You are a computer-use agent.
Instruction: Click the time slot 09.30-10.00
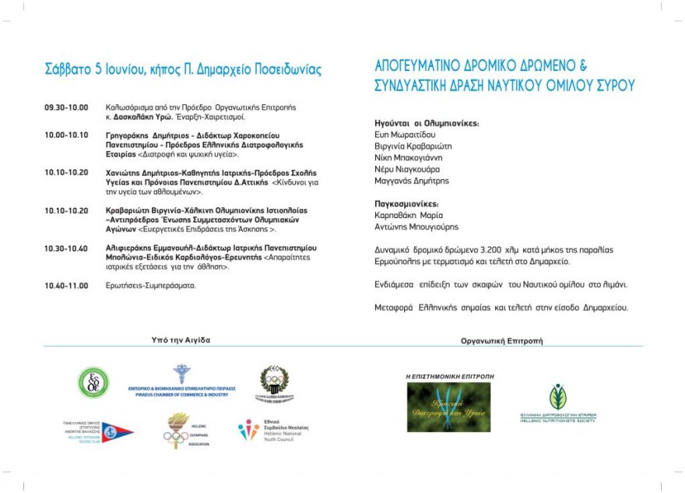66,107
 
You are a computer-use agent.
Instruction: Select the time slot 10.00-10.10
66,135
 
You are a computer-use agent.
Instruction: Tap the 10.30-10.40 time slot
66,248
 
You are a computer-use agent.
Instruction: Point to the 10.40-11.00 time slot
66,286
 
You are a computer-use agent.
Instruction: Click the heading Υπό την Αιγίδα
181,340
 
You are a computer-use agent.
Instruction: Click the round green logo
93,382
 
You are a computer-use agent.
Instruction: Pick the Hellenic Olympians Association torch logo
178,431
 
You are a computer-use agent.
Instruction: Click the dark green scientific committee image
449,407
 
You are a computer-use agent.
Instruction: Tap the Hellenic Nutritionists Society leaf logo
557,403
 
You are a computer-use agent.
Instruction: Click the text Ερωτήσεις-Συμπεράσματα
151,286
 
